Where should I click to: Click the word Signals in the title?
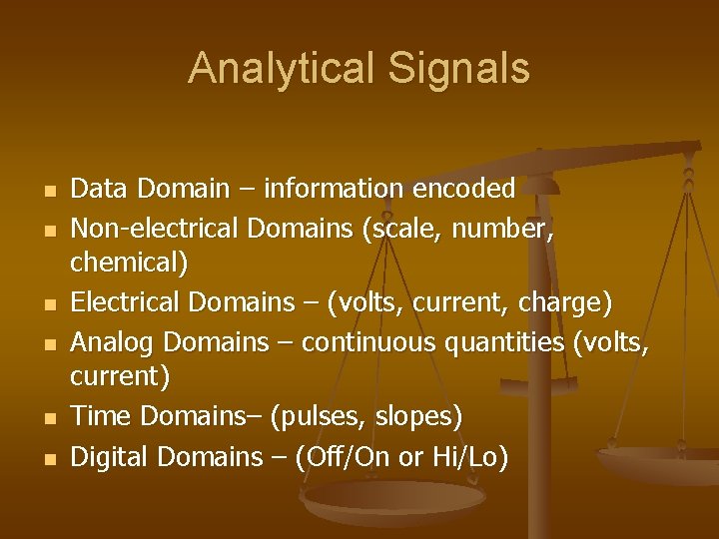pyautogui.click(x=463, y=69)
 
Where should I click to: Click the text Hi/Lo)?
pyautogui.click(x=470, y=457)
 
